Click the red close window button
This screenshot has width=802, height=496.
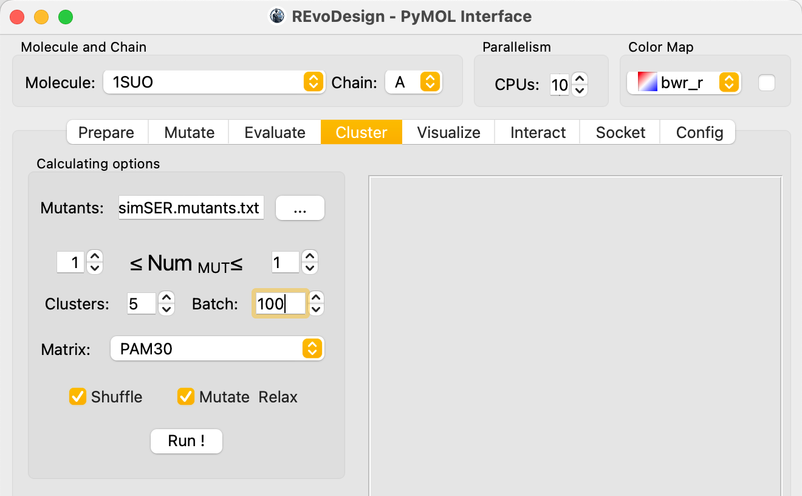[x=17, y=17]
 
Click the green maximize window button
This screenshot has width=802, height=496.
[x=66, y=17]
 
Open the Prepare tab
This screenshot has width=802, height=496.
[x=106, y=133]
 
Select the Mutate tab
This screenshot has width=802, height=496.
[x=189, y=133]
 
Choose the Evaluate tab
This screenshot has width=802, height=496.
[x=275, y=133]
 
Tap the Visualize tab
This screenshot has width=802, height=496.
[x=448, y=133]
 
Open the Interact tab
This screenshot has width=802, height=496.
[x=538, y=133]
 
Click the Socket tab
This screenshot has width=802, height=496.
[x=620, y=133]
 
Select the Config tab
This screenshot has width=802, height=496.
[x=699, y=133]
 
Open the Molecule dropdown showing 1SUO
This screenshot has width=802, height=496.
[x=214, y=82]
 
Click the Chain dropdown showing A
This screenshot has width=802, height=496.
[x=414, y=82]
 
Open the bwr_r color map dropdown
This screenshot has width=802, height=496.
[x=684, y=83]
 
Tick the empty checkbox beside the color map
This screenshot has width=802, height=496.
[x=767, y=83]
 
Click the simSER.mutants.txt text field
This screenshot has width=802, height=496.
[x=191, y=208]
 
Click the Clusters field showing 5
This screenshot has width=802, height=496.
[x=142, y=304]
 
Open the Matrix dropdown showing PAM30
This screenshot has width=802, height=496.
[x=218, y=348]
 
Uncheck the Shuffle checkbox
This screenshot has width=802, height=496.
[x=78, y=396]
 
